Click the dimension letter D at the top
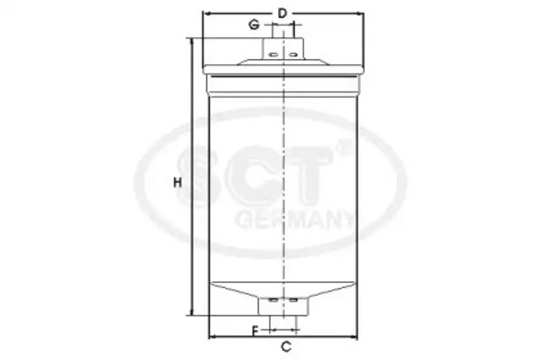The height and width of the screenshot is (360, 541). [x=283, y=12]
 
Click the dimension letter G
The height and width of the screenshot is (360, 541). [x=253, y=25]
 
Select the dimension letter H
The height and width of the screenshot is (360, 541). [x=178, y=183]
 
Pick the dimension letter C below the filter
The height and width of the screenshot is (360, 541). [x=286, y=346]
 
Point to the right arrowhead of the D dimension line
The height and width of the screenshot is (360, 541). [x=362, y=14]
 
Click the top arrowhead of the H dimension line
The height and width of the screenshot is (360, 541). [x=194, y=41]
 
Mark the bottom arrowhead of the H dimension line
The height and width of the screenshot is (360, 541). [x=194, y=312]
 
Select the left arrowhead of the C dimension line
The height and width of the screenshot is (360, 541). [x=210, y=335]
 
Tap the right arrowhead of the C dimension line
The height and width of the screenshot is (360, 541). [x=357, y=335]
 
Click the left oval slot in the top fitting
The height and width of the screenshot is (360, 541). [x=273, y=55]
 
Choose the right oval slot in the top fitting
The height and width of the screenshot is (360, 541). [x=292, y=55]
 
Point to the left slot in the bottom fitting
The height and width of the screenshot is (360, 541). [x=272, y=299]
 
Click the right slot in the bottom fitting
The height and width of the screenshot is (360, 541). [x=292, y=299]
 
